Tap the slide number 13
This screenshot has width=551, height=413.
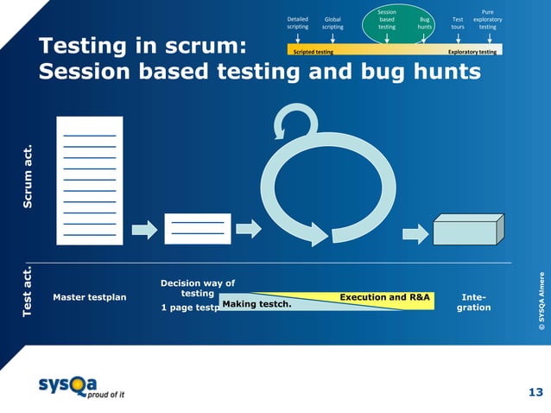point(535,393)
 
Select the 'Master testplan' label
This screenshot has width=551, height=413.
point(89,297)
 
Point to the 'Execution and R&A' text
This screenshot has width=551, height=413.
point(384,297)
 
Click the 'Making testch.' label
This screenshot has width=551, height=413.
point(256,304)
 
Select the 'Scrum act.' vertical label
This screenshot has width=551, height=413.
point(28,177)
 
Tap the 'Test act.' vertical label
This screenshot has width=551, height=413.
point(28,291)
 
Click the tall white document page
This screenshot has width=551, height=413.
point(90,180)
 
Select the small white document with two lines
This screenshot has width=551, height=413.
point(197,229)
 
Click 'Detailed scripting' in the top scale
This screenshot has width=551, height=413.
point(297,22)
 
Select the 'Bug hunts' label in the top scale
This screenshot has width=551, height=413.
point(424,22)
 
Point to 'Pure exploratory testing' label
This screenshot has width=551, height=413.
point(487,19)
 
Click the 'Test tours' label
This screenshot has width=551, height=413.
point(457,22)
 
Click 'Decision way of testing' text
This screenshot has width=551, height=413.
point(197,288)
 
